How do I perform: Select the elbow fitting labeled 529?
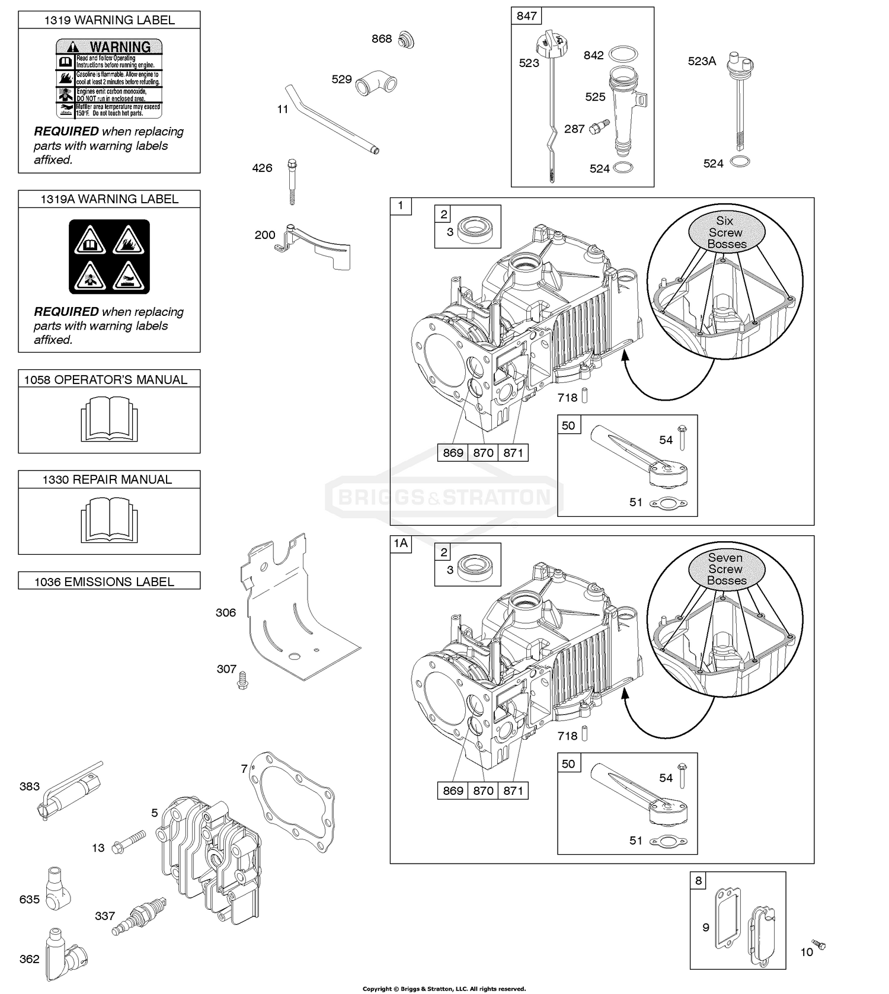(x=377, y=84)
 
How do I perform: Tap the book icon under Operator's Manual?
(x=109, y=418)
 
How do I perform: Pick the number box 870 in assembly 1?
(x=483, y=453)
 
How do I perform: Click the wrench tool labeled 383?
(x=70, y=791)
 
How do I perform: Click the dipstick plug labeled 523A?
(x=740, y=62)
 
